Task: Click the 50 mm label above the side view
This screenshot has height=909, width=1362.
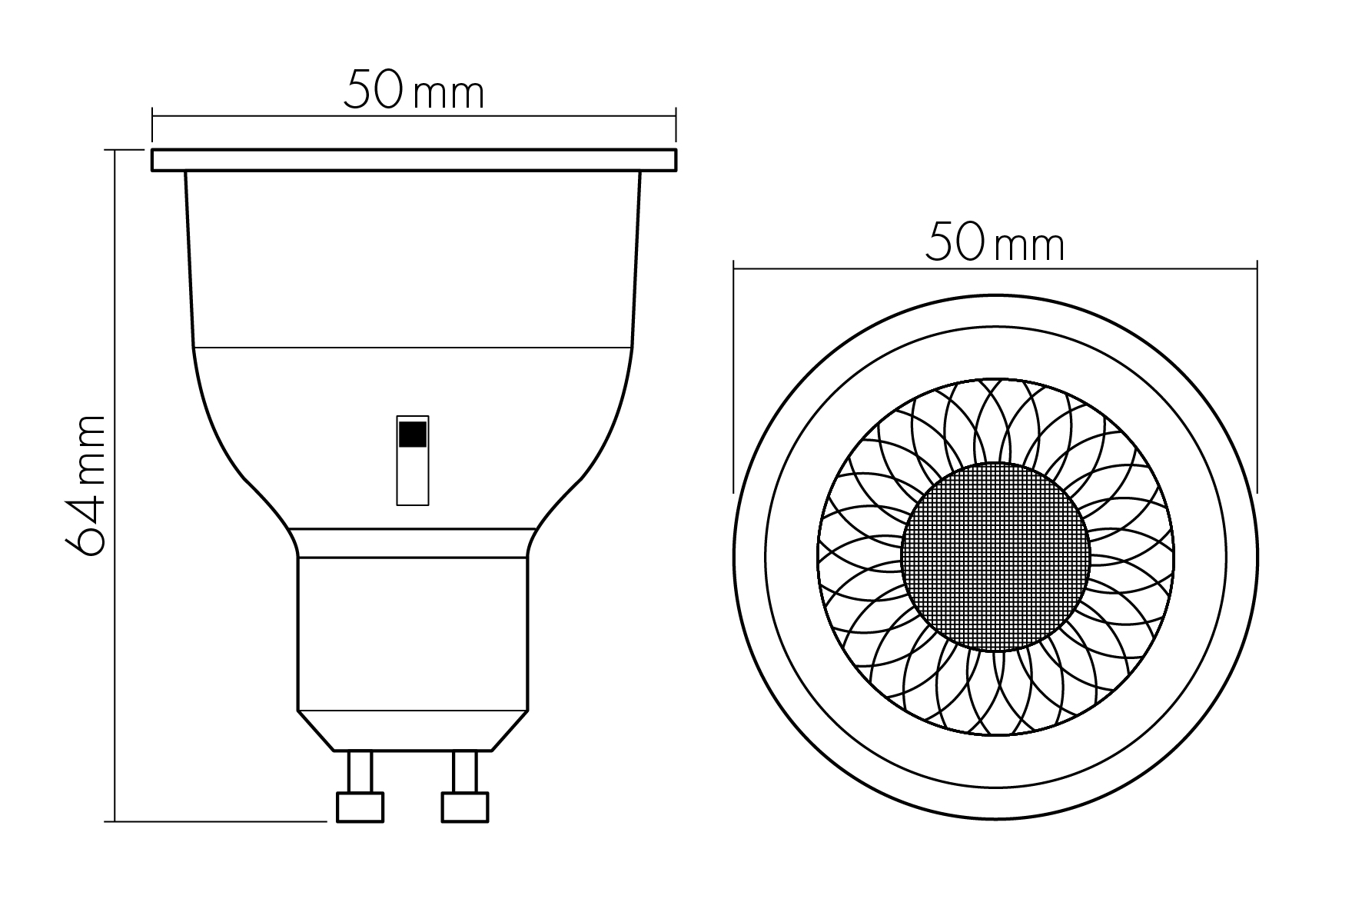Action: [414, 90]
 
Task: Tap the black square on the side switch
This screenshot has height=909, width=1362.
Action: [413, 435]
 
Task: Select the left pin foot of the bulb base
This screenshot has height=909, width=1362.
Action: [360, 807]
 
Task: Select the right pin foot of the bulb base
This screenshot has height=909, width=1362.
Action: [465, 807]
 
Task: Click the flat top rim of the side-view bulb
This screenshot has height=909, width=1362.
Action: [414, 160]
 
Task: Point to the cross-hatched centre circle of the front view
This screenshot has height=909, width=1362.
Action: [995, 557]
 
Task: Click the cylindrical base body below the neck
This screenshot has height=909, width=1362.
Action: [413, 634]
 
